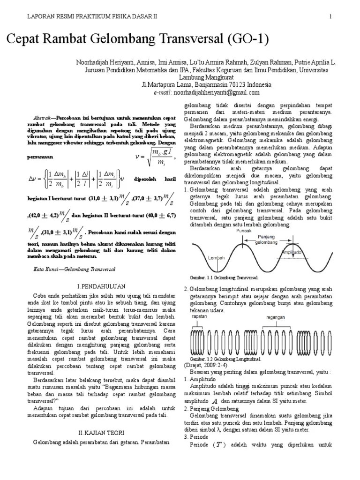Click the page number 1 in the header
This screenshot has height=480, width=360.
pyautogui.click(x=330, y=17)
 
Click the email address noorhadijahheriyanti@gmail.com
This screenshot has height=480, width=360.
pyautogui.click(x=220, y=92)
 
